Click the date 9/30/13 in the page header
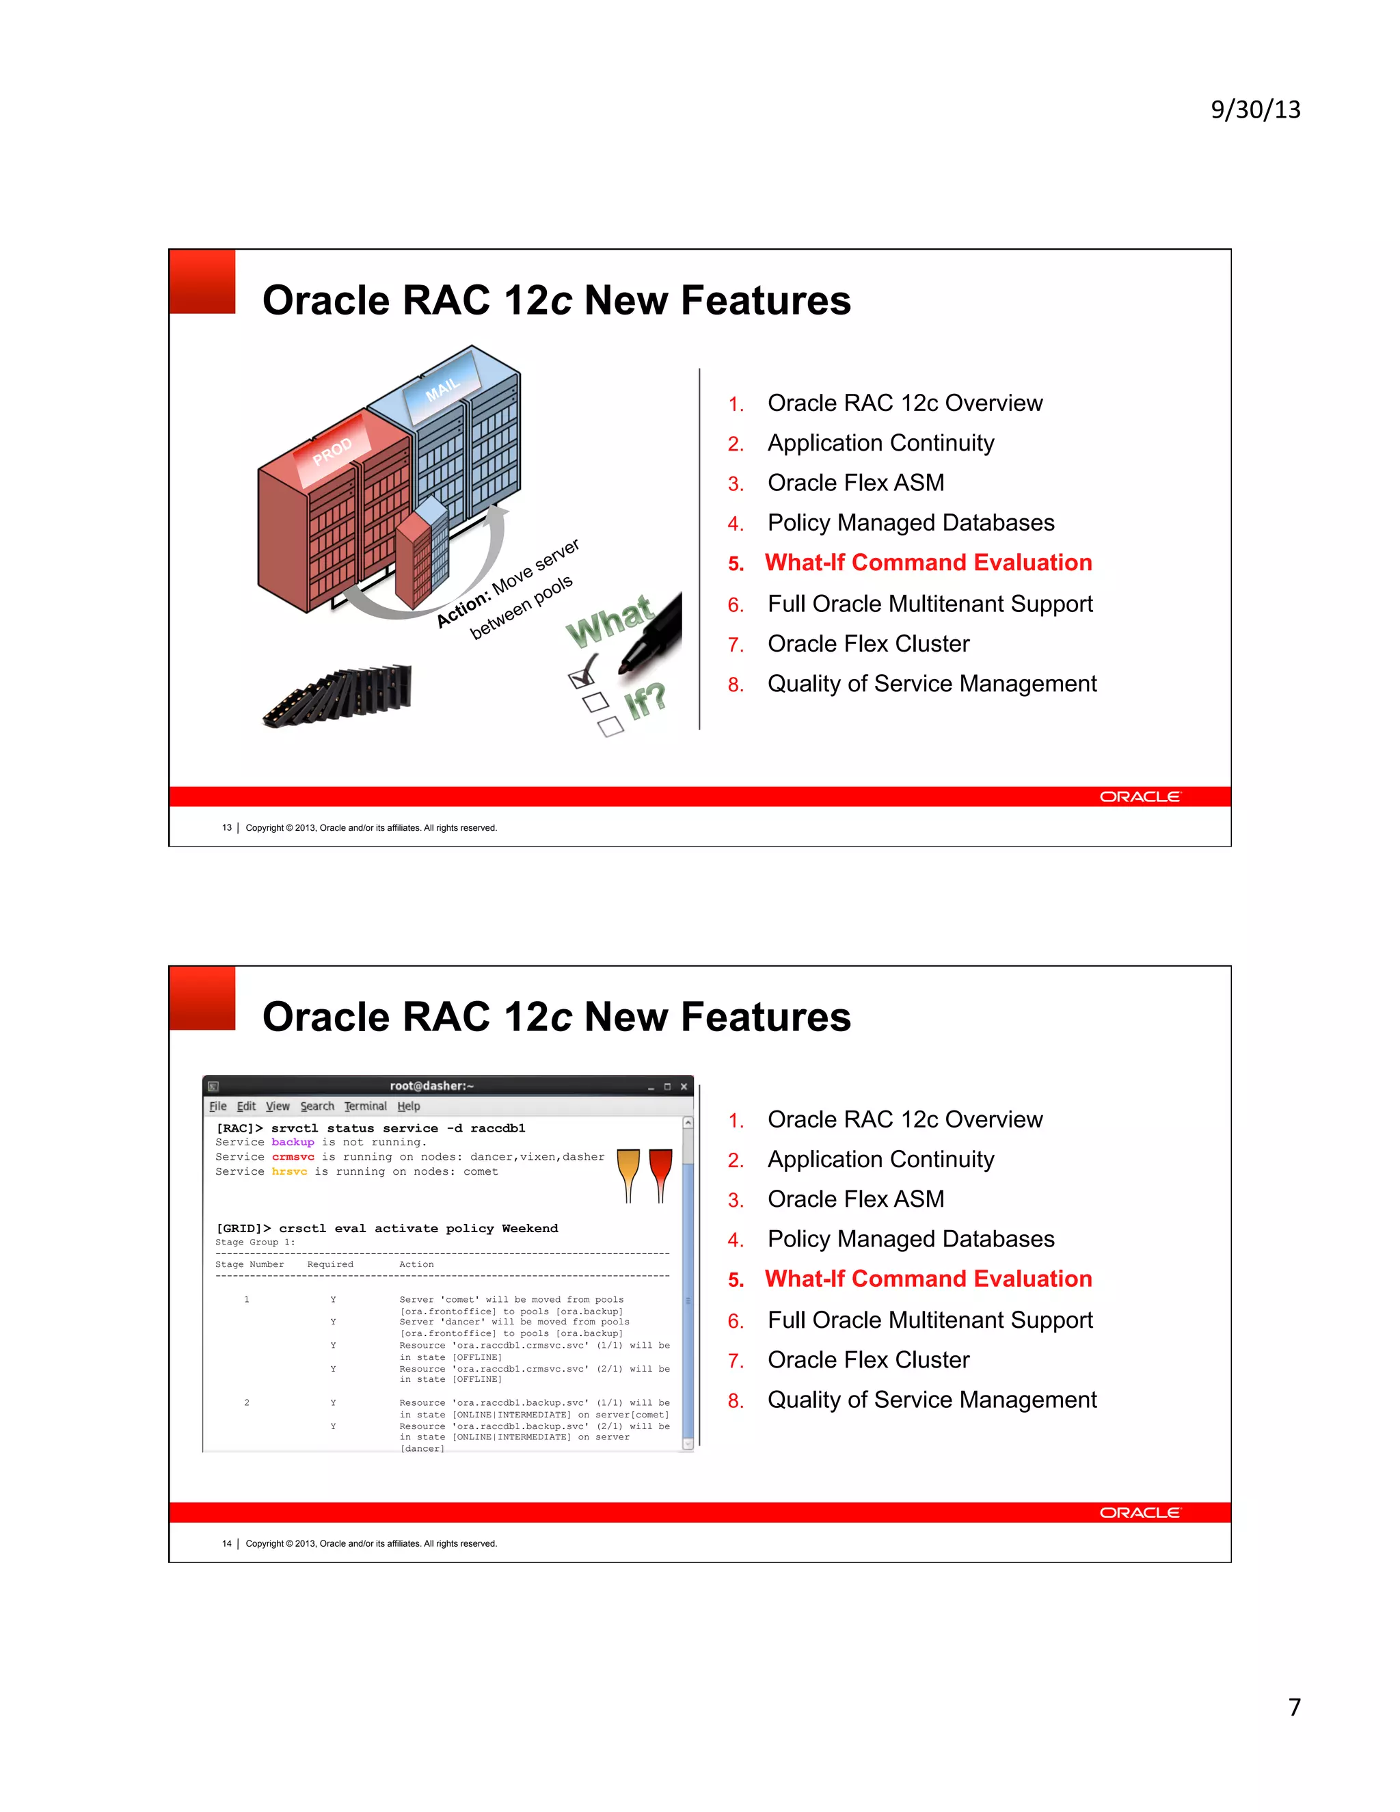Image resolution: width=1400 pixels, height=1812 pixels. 1255,109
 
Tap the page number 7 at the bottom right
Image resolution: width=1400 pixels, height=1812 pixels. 1294,1707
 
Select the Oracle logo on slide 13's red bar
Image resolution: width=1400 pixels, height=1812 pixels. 1140,797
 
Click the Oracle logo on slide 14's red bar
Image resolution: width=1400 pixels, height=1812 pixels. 1140,1513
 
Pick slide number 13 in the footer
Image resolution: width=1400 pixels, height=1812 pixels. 226,828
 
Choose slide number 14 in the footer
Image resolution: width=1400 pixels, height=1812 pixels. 226,1544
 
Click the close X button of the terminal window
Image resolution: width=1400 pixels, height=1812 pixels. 684,1086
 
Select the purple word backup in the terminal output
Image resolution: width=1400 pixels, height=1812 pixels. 293,1143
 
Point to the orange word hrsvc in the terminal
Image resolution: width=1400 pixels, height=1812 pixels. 289,1171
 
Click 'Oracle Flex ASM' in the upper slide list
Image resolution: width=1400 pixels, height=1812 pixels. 855,483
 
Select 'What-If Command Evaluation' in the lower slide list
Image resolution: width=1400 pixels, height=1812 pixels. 928,1279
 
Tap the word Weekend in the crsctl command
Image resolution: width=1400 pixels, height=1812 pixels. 529,1229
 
